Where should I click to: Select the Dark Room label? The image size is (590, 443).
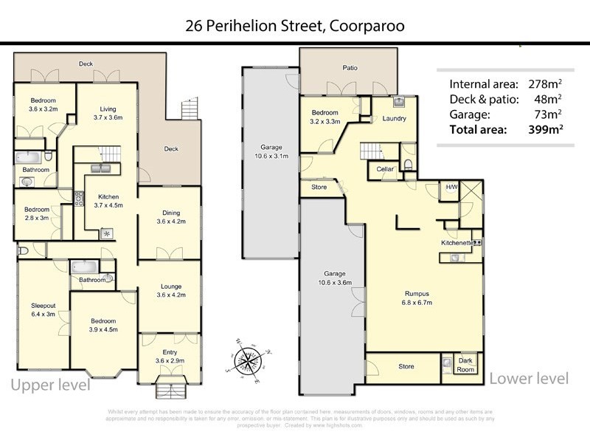pyautogui.click(x=465, y=363)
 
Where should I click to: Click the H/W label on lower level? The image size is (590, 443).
pyautogui.click(x=450, y=188)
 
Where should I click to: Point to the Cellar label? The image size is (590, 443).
pyautogui.click(x=386, y=169)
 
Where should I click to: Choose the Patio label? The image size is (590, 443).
pyautogui.click(x=350, y=68)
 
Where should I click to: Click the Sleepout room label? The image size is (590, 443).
pyautogui.click(x=42, y=307)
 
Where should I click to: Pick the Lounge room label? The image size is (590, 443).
pyautogui.click(x=169, y=290)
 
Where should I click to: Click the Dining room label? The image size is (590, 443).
pyautogui.click(x=169, y=216)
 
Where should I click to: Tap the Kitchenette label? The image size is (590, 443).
pyautogui.click(x=457, y=242)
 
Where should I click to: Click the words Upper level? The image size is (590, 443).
pyautogui.click(x=50, y=385)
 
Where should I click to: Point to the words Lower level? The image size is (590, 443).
pyautogui.click(x=529, y=379)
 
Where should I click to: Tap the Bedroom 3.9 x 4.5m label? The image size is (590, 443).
pyautogui.click(x=103, y=326)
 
